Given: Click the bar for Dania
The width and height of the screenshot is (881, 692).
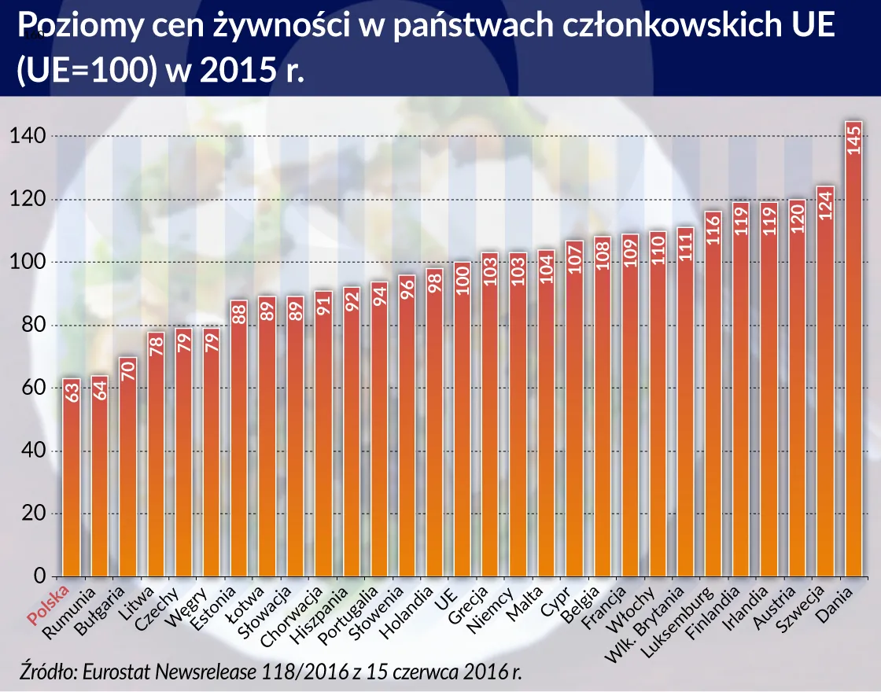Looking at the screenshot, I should (853, 354).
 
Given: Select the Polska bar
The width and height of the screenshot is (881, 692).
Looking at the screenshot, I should (72, 480).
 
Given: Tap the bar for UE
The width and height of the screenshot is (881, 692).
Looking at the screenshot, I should (463, 425).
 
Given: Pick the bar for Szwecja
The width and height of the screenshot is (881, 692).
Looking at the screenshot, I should (825, 385).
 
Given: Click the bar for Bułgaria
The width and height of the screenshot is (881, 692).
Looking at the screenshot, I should (127, 472).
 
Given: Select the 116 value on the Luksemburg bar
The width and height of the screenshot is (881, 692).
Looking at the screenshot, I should (713, 228).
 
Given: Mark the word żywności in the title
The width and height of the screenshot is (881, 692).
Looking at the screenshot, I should (283, 28).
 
